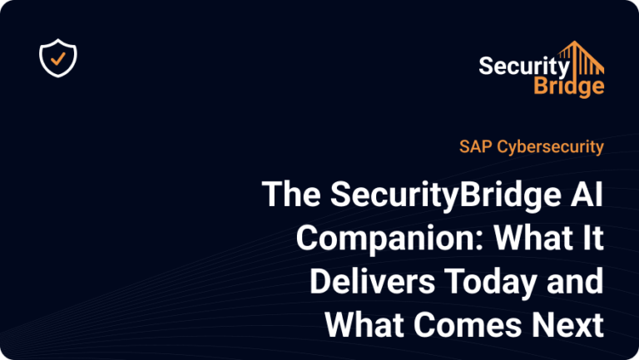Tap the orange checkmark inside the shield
coord(58,58)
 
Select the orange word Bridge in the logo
coord(569,86)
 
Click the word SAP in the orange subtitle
coord(475,146)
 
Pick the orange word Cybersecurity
coord(550,147)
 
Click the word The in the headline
coord(291,194)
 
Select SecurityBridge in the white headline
coord(446,196)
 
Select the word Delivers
coord(373,281)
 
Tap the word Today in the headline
coord(491,284)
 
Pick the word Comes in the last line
coord(468,324)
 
